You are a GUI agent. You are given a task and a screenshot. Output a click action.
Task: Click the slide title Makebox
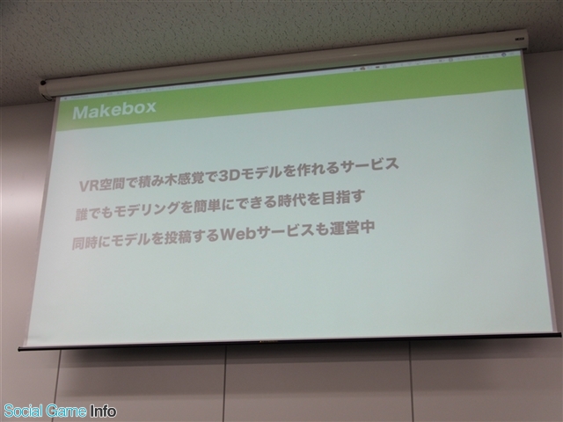(114, 109)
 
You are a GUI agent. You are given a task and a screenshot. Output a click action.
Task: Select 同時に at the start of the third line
(91, 243)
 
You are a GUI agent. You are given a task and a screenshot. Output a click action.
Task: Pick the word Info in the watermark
(104, 411)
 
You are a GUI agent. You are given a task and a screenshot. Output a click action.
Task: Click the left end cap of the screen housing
(44, 90)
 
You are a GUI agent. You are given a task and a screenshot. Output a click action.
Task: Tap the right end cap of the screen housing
(522, 40)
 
